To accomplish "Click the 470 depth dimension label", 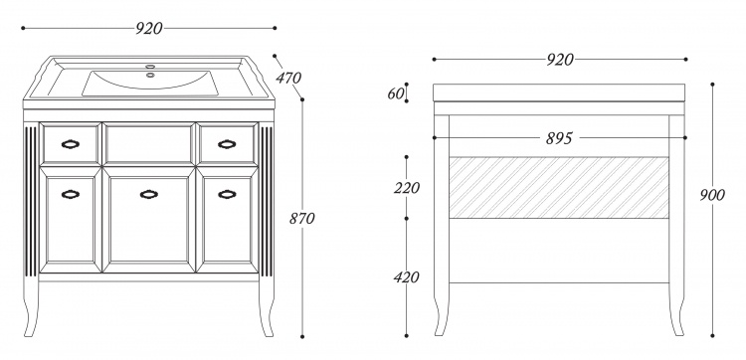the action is tap(288, 78).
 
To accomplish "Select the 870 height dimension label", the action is tap(302, 218).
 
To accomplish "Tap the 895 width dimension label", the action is tap(559, 138).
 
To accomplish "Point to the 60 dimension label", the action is tap(395, 93).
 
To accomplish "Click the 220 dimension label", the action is tap(407, 188).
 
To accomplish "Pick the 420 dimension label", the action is tap(406, 277).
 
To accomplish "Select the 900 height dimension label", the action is tap(712, 195).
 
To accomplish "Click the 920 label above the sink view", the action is tap(149, 29).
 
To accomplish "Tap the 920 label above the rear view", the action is tap(560, 60).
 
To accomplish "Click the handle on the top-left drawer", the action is tap(71, 144).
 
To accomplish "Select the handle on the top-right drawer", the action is tap(227, 144).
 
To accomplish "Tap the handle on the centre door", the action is tap(149, 194).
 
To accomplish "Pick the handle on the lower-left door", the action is tap(71, 194).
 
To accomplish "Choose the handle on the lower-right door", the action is tap(227, 194).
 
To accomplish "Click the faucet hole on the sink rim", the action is tap(150, 67).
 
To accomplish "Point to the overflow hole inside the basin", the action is tap(150, 75).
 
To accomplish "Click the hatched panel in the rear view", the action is tap(559, 187).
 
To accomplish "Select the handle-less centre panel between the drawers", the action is tap(149, 143).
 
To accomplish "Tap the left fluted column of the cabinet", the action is tap(31, 201).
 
